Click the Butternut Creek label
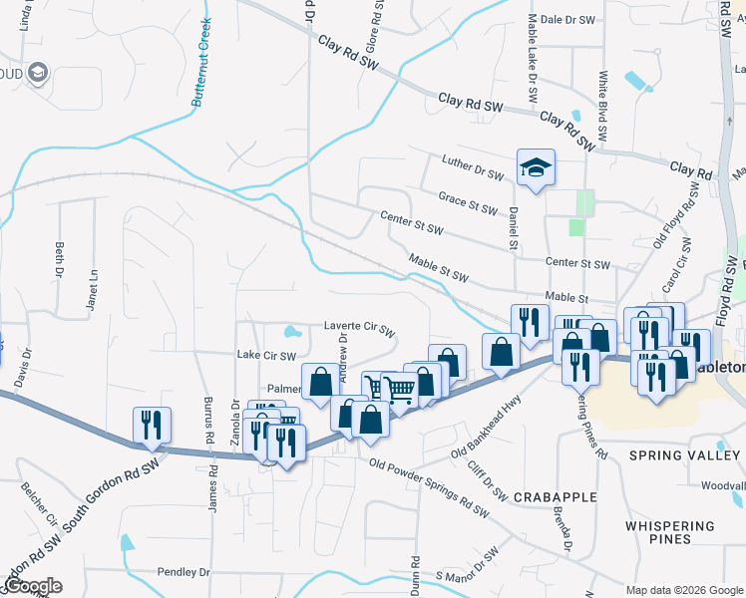pyautogui.click(x=203, y=78)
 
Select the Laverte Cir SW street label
pyautogui.click(x=360, y=330)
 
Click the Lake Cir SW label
pyautogui.click(x=266, y=355)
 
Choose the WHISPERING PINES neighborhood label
pyautogui.click(x=670, y=532)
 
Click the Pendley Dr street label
pyautogui.click(x=184, y=572)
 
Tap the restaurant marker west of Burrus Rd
pyautogui.click(x=152, y=425)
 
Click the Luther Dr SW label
pyautogui.click(x=474, y=167)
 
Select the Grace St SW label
pyautogui.click(x=468, y=201)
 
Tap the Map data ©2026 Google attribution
pyautogui.click(x=684, y=590)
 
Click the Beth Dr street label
pyautogui.click(x=60, y=259)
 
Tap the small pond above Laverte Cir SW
pyautogui.click(x=290, y=331)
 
